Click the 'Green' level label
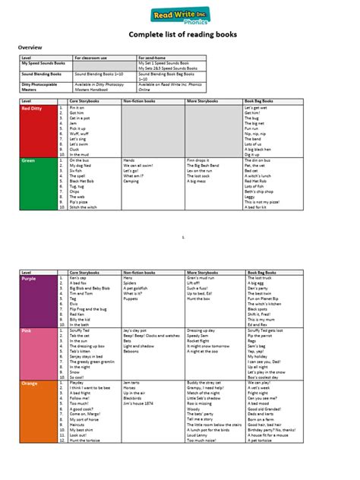pyautogui.click(x=28, y=161)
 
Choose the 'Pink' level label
pyautogui.click(x=27, y=332)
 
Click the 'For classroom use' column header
pyautogui.click(x=90, y=58)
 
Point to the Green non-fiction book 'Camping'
pyautogui.click(x=131, y=182)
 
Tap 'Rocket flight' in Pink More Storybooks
pyautogui.click(x=200, y=341)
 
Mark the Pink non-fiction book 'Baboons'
pyautogui.click(x=131, y=351)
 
